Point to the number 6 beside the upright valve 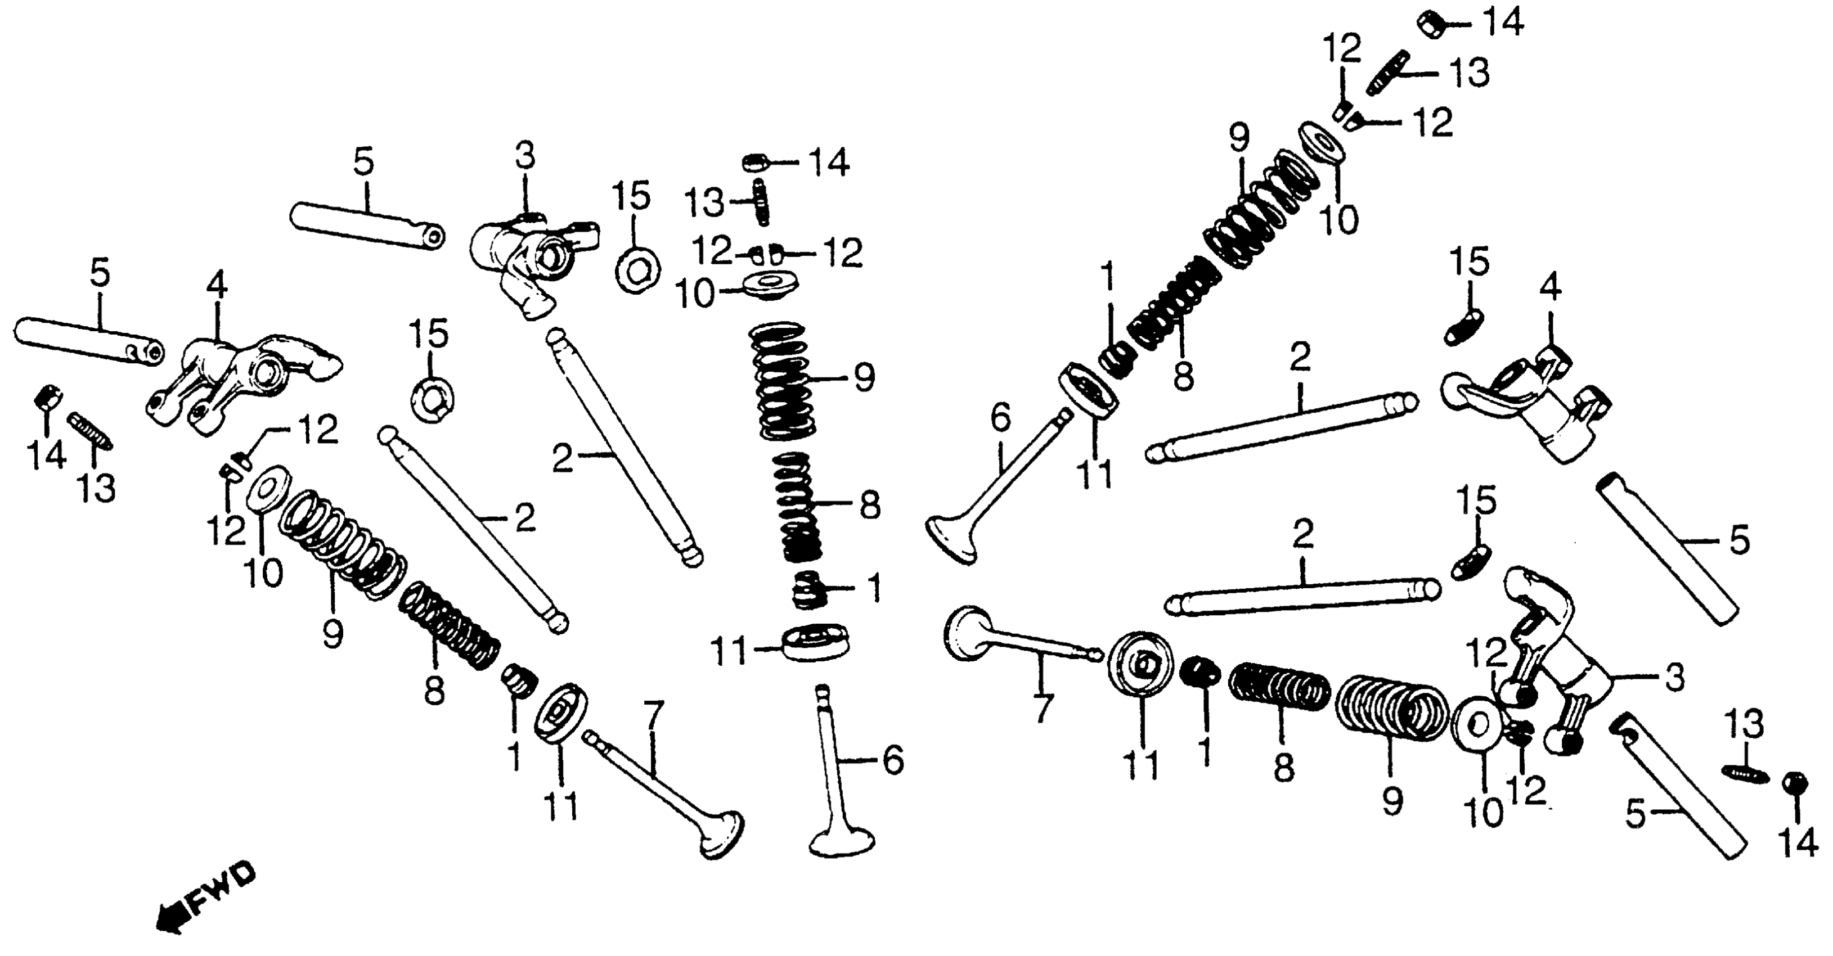tap(892, 760)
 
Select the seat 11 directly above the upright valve tap(815, 642)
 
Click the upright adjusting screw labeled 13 tap(761, 202)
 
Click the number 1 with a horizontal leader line tap(874, 588)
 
